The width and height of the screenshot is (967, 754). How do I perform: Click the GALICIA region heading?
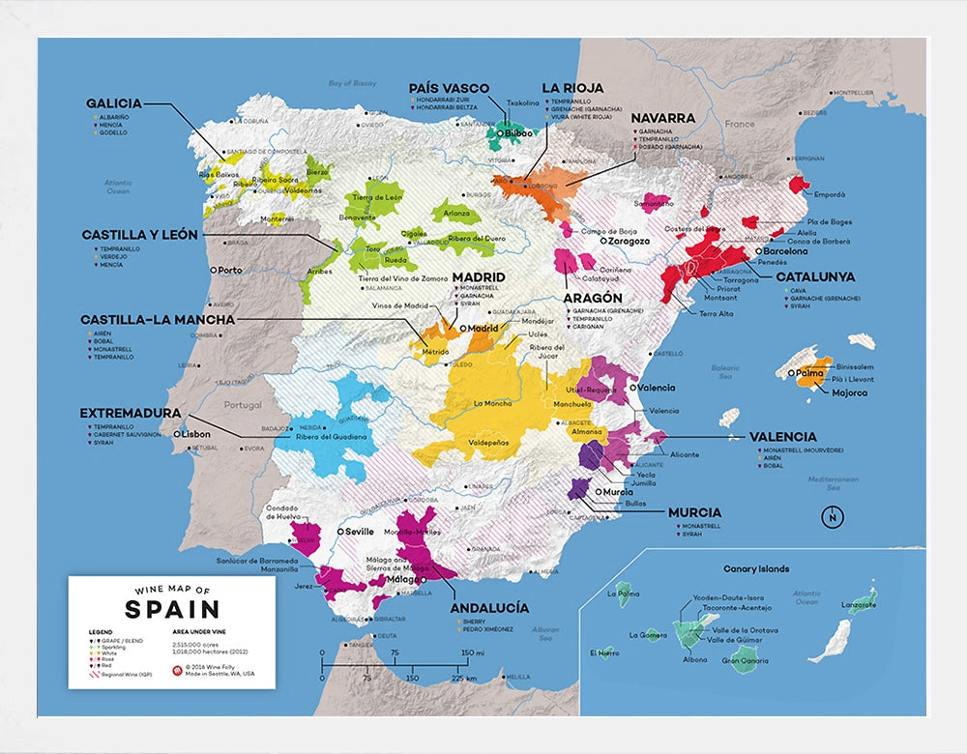[114, 103]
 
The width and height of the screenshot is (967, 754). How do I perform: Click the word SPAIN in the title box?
[172, 609]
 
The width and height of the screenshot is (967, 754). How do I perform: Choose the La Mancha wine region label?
[492, 403]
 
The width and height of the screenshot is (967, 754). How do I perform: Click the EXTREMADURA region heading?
[131, 413]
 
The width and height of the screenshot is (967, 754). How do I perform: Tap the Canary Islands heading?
[756, 569]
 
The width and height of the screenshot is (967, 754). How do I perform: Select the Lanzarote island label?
[859, 605]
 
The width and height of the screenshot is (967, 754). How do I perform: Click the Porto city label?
[230, 271]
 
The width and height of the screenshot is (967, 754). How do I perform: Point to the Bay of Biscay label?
[352, 84]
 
